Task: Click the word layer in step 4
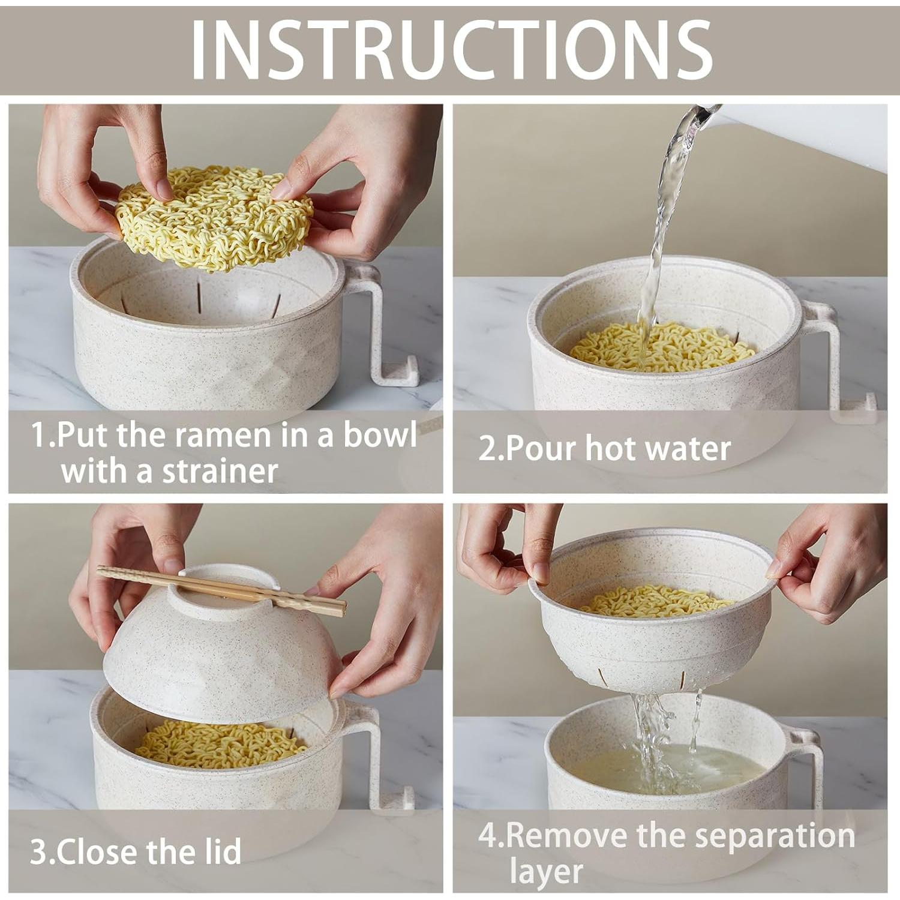[546, 872]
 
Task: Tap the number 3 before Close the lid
[38, 851]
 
